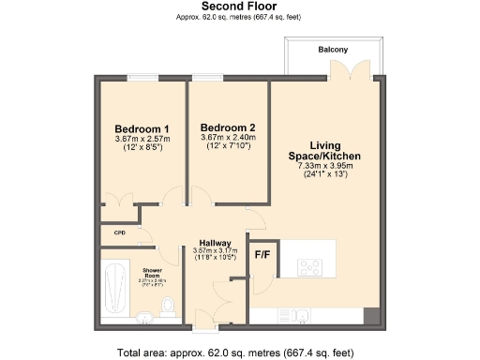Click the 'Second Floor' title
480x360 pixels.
[239, 6]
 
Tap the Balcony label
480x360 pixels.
[333, 50]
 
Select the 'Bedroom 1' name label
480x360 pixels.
[142, 128]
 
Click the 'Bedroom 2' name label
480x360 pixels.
[228, 127]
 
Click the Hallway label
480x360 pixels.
[211, 242]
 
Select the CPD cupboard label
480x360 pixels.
[120, 232]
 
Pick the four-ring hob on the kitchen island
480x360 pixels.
[311, 266]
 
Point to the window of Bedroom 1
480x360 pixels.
[142, 77]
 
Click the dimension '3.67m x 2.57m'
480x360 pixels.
[142, 139]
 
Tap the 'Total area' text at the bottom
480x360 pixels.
[235, 352]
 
